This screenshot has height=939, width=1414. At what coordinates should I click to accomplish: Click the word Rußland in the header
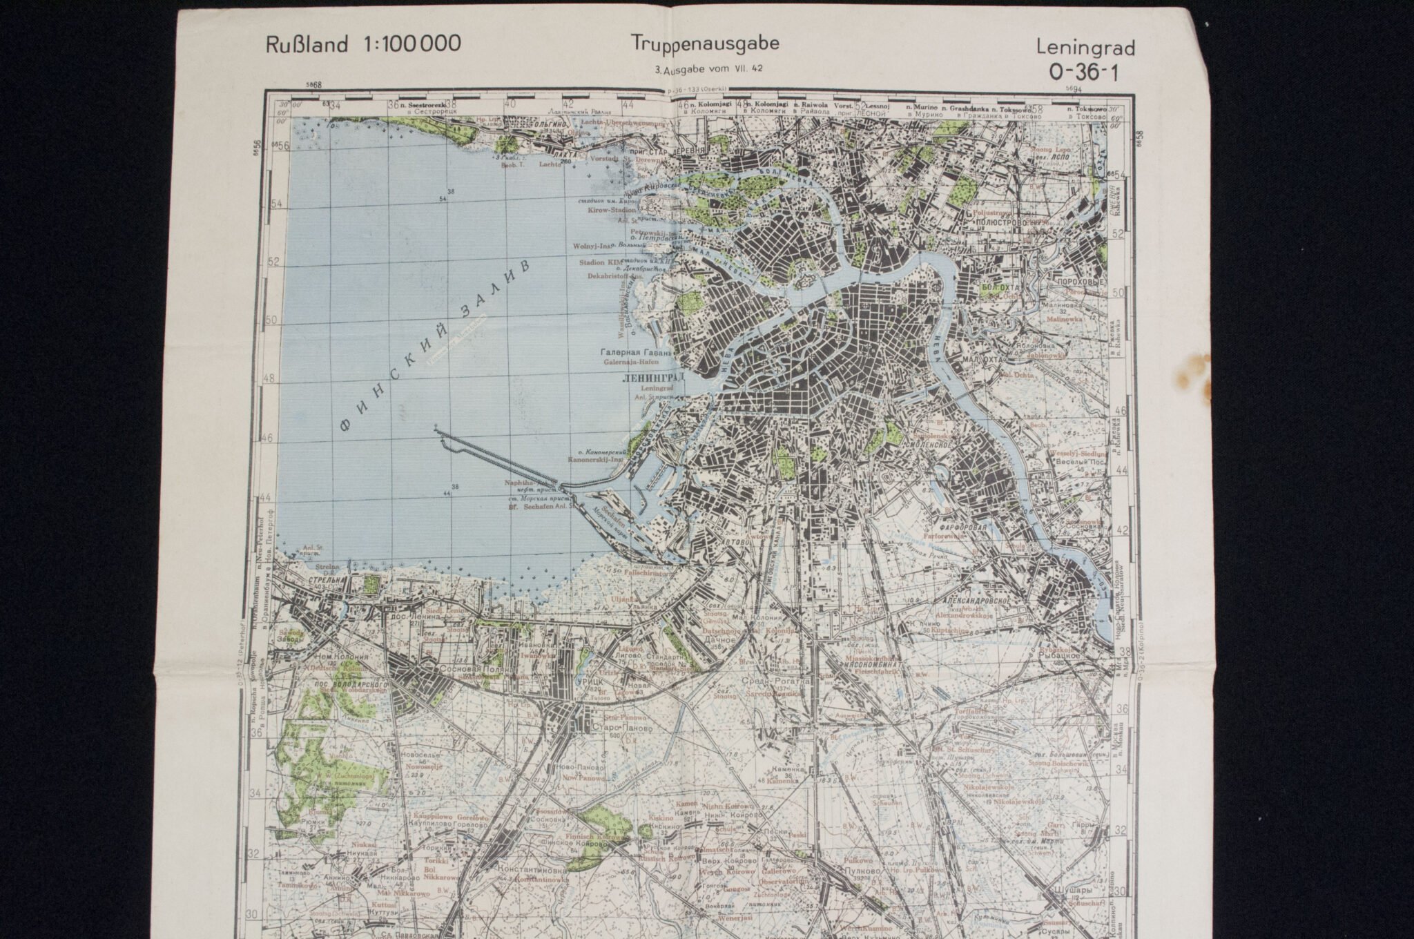(306, 45)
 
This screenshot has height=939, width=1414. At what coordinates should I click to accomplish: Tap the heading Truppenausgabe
(705, 43)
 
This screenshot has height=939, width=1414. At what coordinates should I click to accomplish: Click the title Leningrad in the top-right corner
(1085, 48)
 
